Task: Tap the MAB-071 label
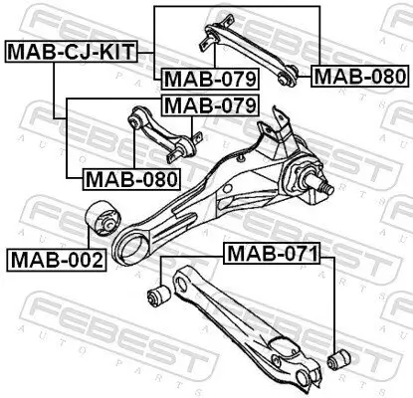click(269, 254)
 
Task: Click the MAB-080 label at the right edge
click(358, 76)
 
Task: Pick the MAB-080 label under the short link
click(129, 179)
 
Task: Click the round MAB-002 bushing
click(100, 218)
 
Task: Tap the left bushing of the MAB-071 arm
click(157, 294)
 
